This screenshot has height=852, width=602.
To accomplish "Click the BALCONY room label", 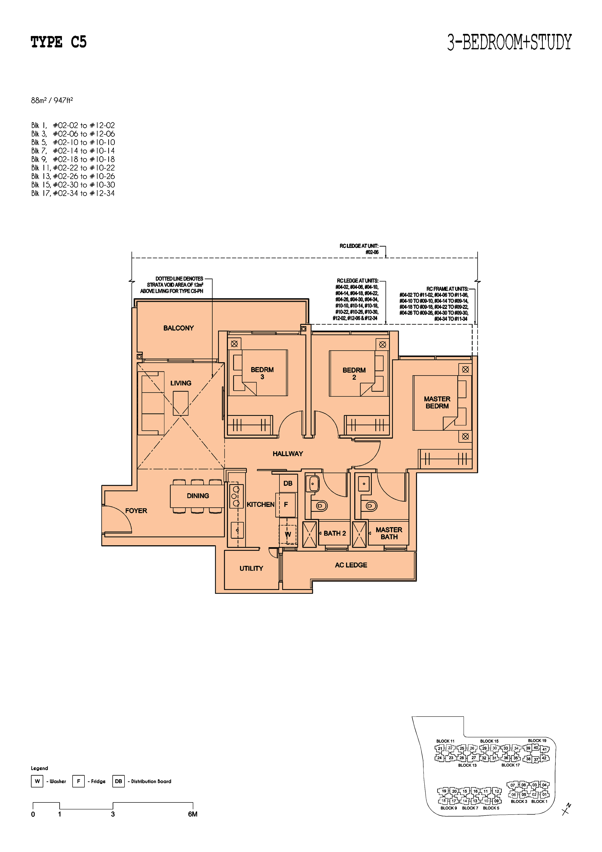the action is tap(178, 328).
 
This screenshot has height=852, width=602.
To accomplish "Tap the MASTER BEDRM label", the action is tap(437, 402).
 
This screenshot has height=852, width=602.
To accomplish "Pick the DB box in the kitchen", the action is tap(288, 483).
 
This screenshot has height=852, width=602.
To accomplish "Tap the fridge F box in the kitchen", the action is tap(286, 505).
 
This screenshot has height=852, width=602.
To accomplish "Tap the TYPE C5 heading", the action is tap(59, 42).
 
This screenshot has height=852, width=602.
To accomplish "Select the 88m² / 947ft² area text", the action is tap(52, 100).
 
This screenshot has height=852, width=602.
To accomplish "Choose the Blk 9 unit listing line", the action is tap(73, 159).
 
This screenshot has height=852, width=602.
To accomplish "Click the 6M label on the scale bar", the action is tap(192, 814).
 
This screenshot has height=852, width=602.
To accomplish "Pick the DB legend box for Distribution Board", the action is tap(118, 781).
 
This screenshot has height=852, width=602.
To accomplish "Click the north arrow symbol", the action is tap(566, 809).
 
